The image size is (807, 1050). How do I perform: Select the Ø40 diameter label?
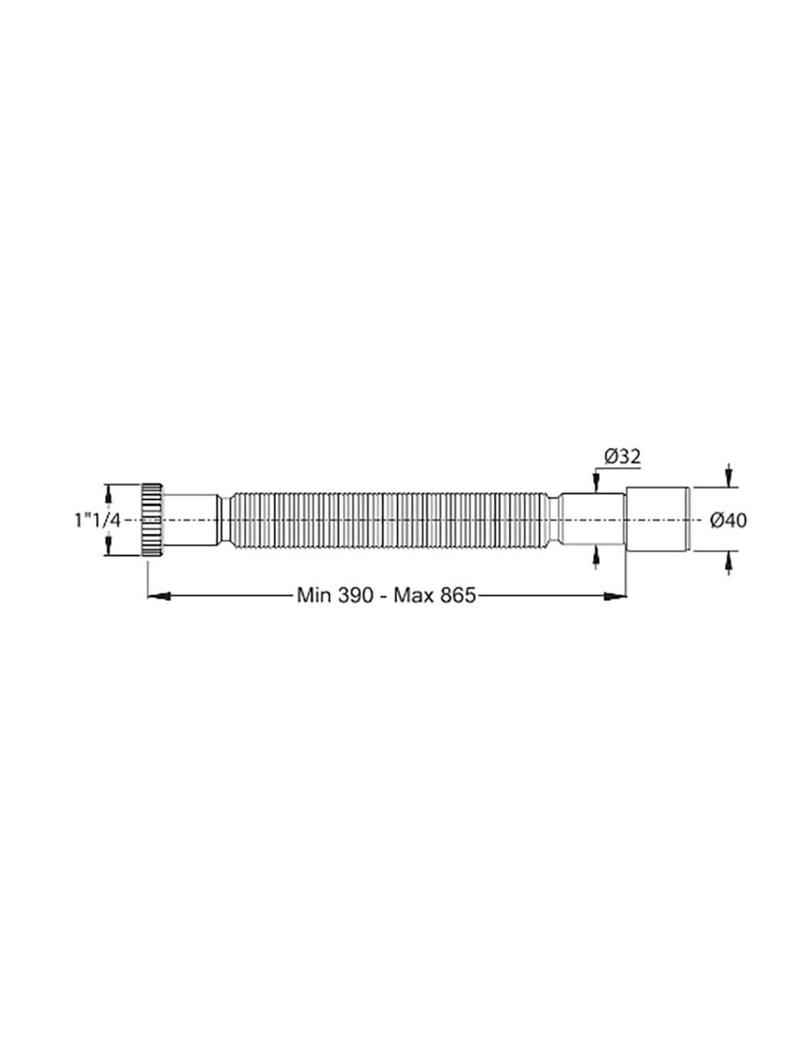point(728,520)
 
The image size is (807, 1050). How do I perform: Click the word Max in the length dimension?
point(416,596)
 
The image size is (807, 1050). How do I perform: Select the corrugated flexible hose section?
point(387,520)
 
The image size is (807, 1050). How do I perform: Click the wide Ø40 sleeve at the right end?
point(658,520)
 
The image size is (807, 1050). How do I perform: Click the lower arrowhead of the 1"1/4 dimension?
point(107,551)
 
